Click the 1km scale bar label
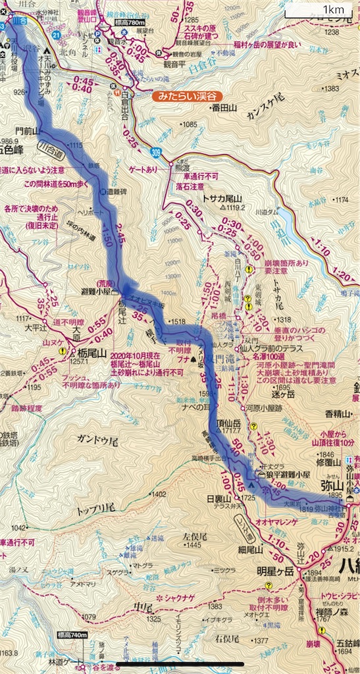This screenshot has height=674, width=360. click(x=327, y=9)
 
